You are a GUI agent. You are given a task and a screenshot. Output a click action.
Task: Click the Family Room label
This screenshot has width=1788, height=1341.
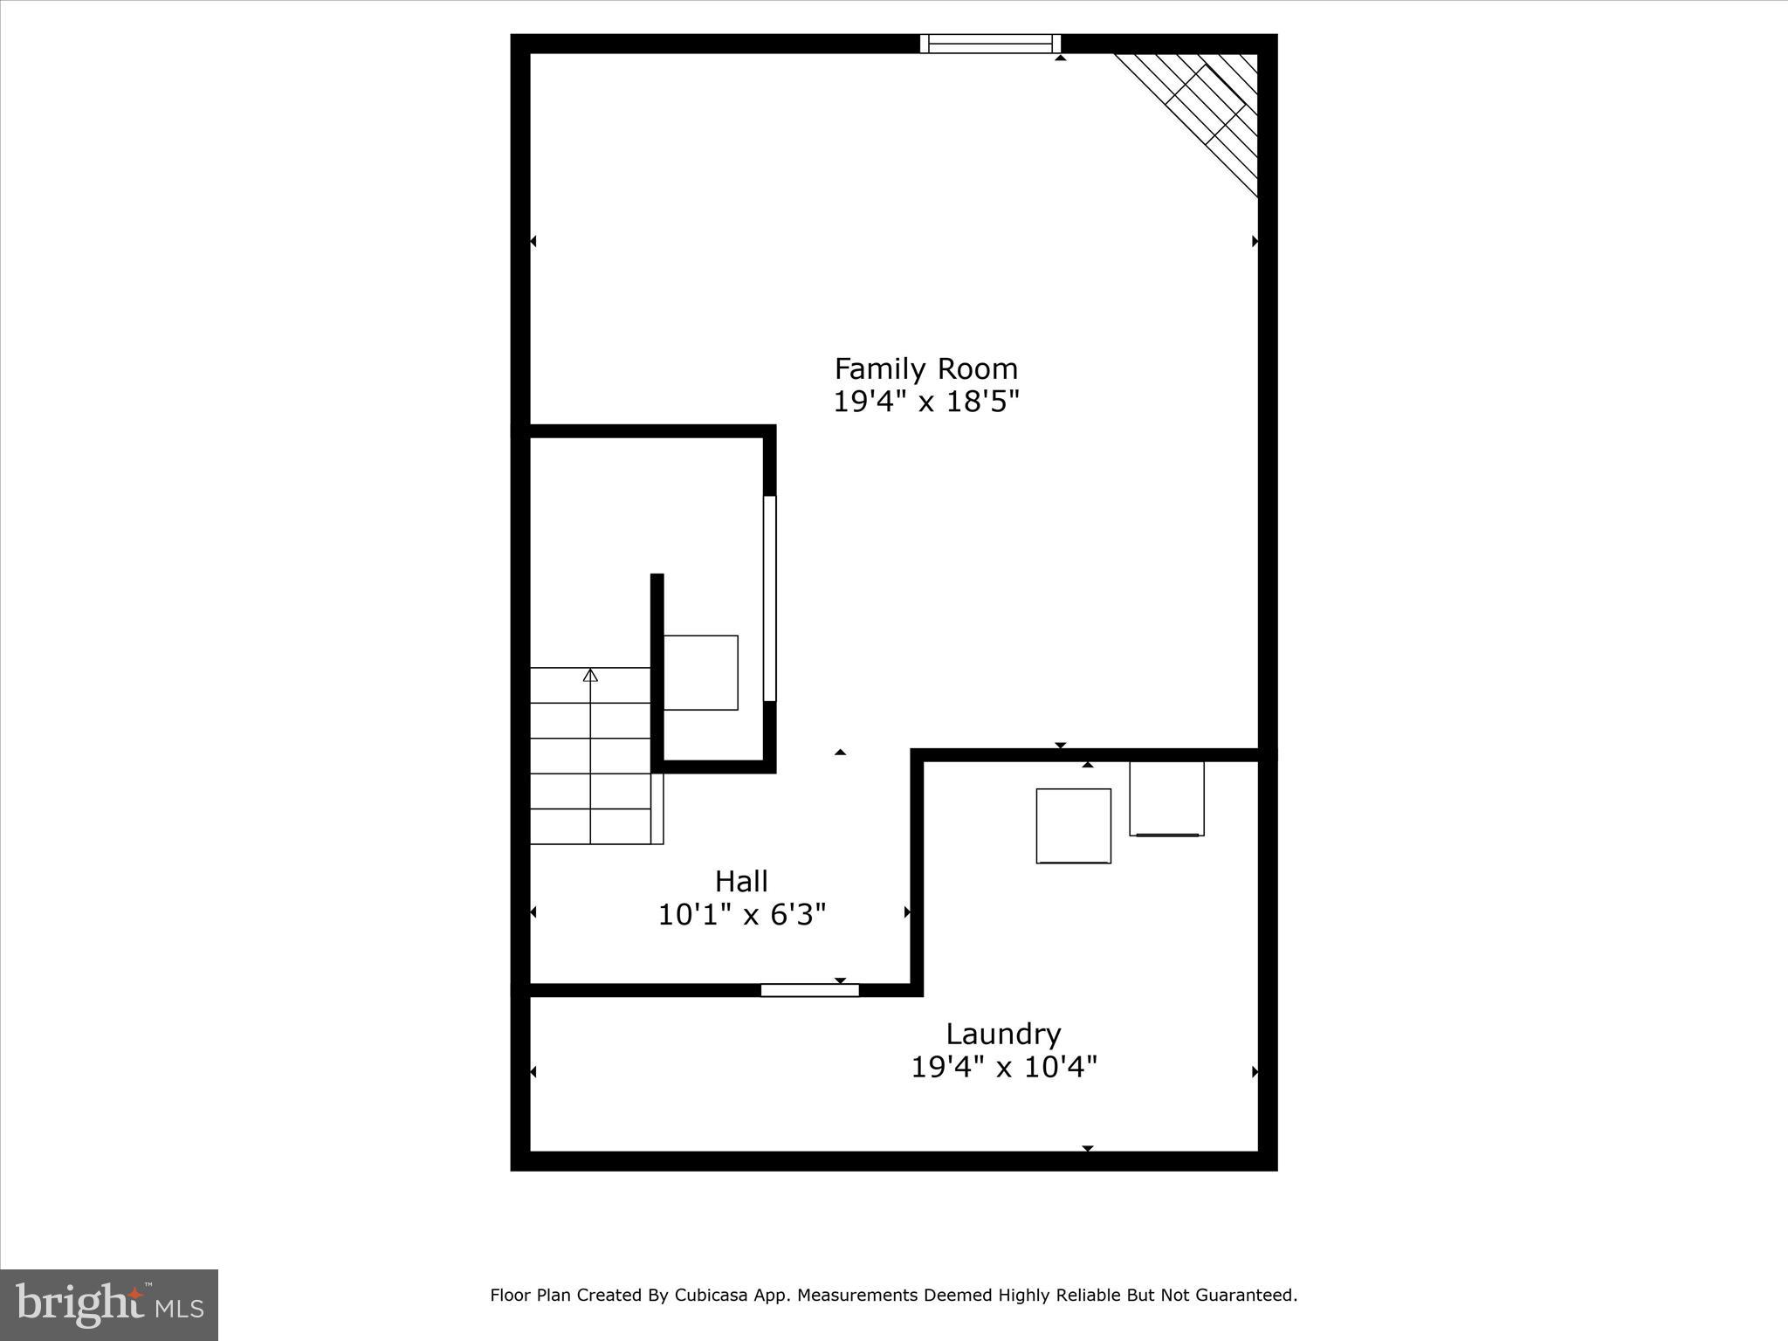tap(925, 368)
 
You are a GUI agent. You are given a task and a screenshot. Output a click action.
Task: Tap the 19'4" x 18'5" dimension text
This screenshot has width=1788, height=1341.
tap(925, 402)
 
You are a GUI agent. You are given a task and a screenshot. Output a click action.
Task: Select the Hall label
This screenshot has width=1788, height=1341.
tap(741, 881)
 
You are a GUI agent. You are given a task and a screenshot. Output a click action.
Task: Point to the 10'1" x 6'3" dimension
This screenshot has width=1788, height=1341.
tap(741, 915)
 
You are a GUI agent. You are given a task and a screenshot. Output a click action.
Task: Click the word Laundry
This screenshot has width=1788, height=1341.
tap(1003, 1034)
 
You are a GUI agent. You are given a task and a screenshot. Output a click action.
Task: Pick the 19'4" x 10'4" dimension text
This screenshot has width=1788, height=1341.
tap(1003, 1067)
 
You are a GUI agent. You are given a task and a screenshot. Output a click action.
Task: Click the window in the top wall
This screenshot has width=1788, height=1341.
tap(990, 44)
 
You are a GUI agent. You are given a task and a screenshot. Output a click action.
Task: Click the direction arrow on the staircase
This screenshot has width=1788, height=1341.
tap(590, 676)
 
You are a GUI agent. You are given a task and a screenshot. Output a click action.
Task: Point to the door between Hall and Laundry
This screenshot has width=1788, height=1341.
tap(809, 990)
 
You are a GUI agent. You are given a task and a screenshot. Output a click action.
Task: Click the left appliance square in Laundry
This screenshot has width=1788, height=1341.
tap(1073, 826)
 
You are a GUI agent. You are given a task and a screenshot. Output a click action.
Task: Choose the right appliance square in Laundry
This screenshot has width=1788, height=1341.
tap(1166, 798)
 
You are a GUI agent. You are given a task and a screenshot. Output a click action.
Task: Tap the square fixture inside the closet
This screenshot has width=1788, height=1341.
tap(700, 672)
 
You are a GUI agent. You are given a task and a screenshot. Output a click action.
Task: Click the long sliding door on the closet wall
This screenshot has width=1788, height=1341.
tap(769, 598)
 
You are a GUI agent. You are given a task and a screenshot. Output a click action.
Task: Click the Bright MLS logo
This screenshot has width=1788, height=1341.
tap(109, 1306)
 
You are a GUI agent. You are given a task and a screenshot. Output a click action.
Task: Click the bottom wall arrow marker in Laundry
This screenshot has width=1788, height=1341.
tap(1088, 1148)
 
